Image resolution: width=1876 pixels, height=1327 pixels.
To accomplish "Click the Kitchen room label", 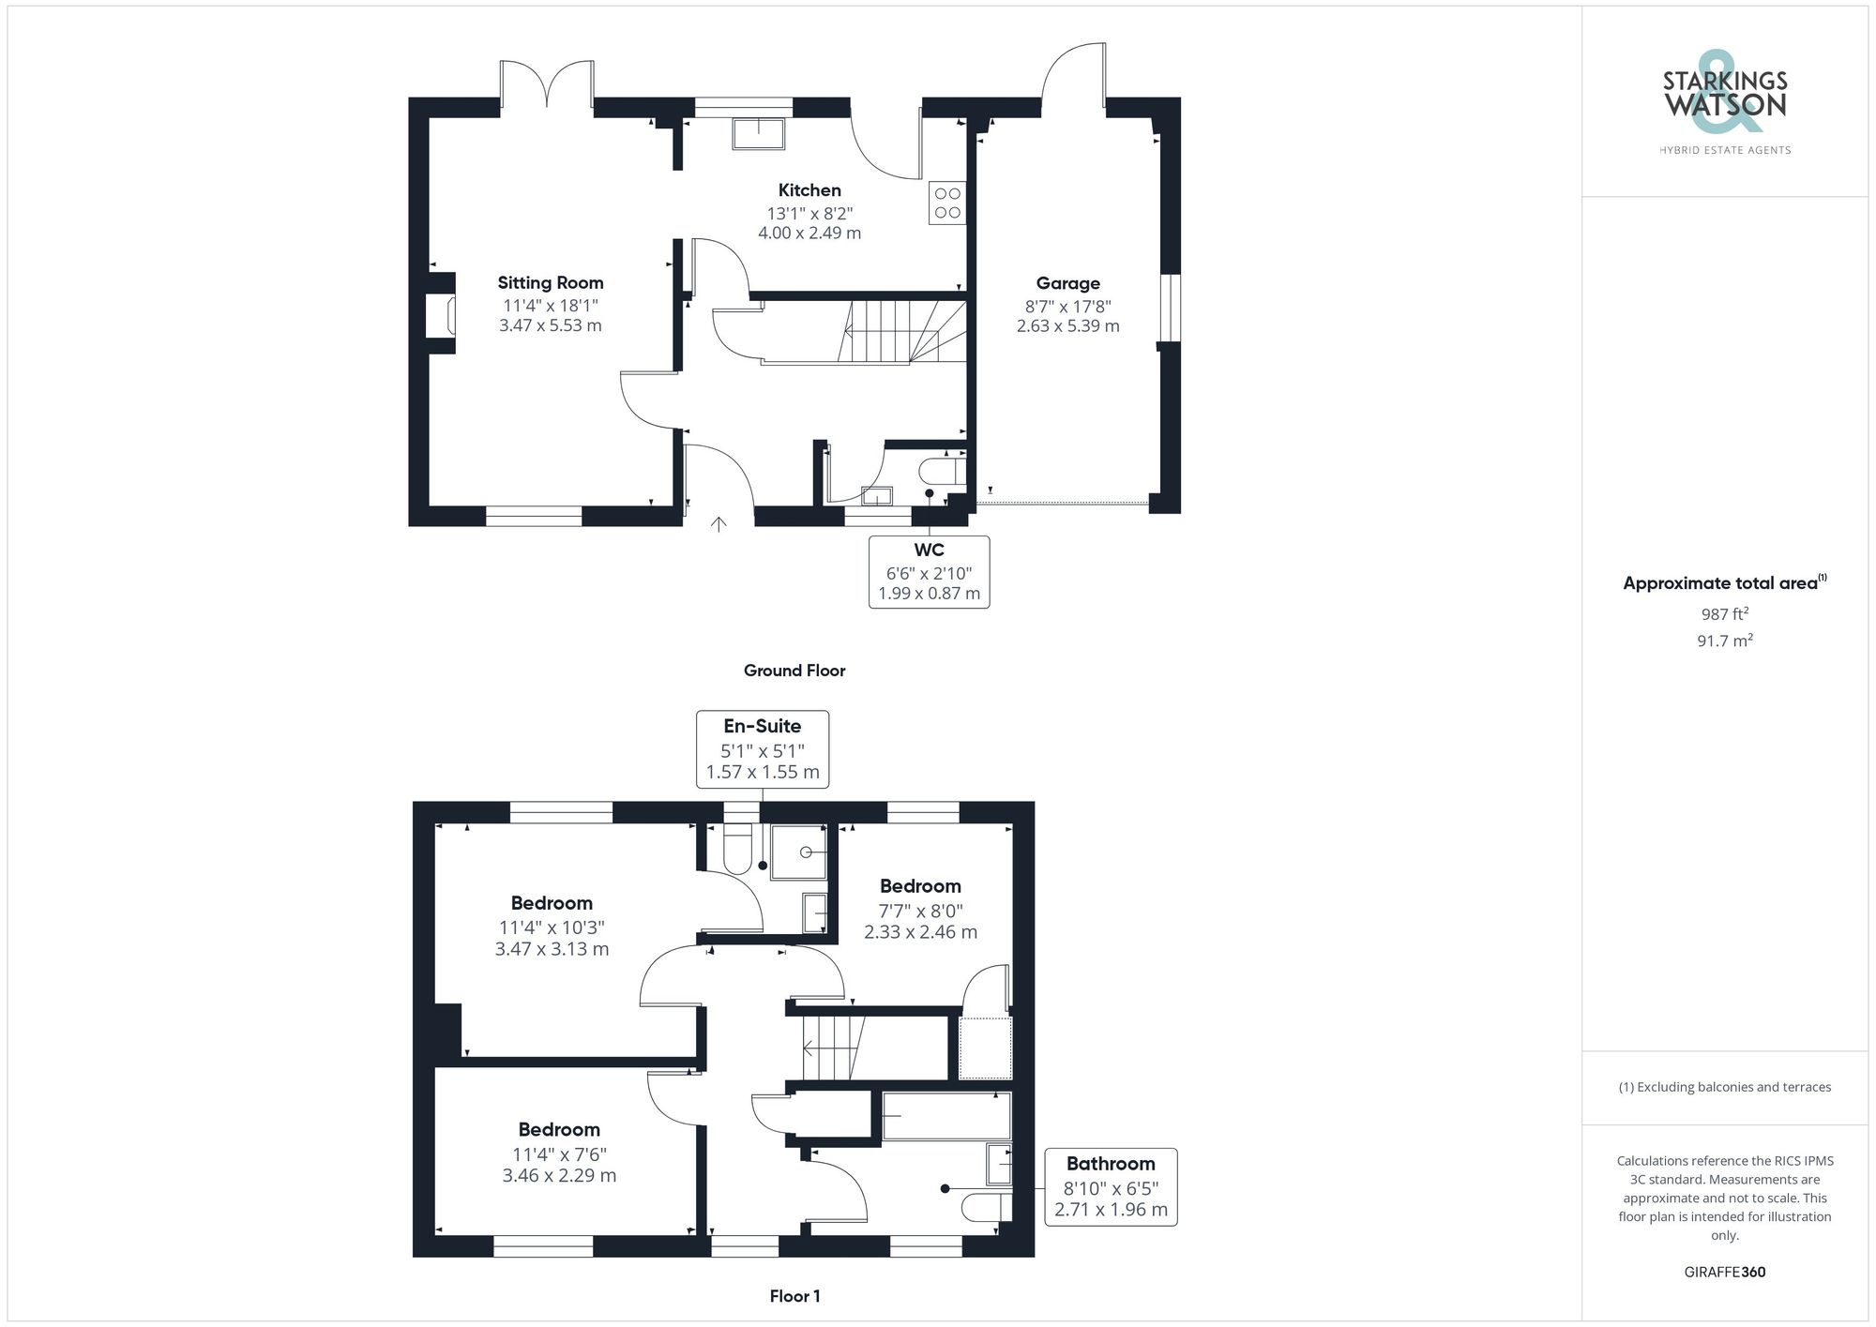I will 809,190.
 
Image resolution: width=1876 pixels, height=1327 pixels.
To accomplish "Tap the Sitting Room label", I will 551,282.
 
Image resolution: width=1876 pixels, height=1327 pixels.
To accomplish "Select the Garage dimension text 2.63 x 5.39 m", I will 1067,326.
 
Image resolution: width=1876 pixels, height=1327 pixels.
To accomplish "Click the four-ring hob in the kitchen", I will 947,204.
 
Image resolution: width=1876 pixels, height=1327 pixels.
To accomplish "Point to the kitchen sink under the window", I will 758,134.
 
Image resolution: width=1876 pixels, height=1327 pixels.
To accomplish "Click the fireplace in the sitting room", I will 442,316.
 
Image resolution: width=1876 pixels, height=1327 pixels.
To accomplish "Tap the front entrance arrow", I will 719,524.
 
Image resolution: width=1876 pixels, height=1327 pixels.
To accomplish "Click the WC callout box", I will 929,571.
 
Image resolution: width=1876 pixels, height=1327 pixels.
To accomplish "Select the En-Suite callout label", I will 762,726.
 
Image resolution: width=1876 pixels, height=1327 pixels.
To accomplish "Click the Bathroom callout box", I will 1111,1186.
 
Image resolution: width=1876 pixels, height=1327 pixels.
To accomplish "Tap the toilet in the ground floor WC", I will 943,470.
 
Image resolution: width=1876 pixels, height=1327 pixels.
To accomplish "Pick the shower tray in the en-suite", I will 798,852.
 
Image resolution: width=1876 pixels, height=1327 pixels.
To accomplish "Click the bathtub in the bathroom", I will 946,1115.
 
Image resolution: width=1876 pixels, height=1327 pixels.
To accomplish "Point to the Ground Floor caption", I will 794,671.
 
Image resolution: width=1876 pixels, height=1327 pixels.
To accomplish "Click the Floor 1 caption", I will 794,1296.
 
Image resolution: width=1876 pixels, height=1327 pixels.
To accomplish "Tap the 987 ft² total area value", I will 1724,614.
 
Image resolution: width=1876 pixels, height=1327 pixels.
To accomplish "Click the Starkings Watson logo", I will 1724,103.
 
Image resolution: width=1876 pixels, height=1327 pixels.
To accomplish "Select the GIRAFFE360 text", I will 1724,1273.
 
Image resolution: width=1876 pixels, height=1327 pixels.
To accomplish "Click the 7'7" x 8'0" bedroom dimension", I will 920,911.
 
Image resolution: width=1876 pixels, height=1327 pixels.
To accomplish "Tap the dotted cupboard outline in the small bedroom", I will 985,1048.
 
